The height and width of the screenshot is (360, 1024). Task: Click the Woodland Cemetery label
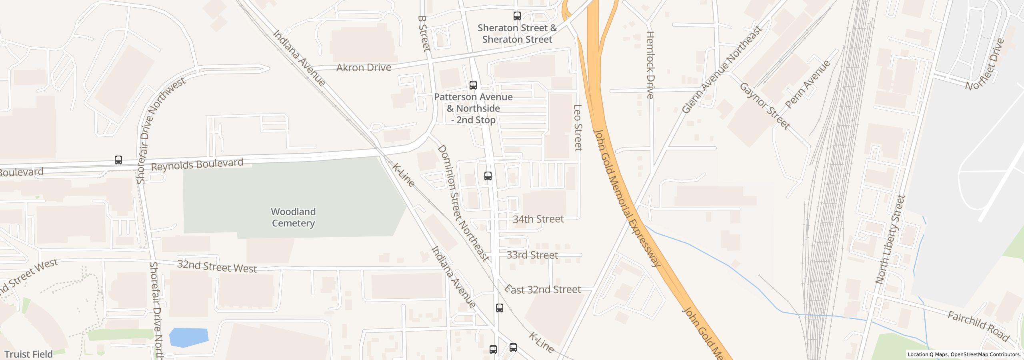point(293,217)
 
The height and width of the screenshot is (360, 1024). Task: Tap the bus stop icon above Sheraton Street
point(517,16)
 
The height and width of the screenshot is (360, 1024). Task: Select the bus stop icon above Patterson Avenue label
point(473,85)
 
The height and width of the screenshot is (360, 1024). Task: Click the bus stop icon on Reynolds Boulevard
point(118,160)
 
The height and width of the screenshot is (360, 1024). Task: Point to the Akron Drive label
point(363,68)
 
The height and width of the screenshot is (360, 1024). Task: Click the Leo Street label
point(578,128)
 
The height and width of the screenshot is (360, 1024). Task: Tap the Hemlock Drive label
point(650,65)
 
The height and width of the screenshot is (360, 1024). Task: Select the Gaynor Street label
point(764,106)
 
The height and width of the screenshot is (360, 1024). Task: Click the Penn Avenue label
point(808,84)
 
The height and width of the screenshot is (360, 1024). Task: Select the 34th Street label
point(538,219)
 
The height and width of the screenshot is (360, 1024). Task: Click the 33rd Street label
point(532,255)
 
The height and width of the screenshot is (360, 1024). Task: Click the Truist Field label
point(28,354)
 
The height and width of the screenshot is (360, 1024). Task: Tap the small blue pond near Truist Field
point(188,337)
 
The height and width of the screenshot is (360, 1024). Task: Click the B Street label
point(423,34)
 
